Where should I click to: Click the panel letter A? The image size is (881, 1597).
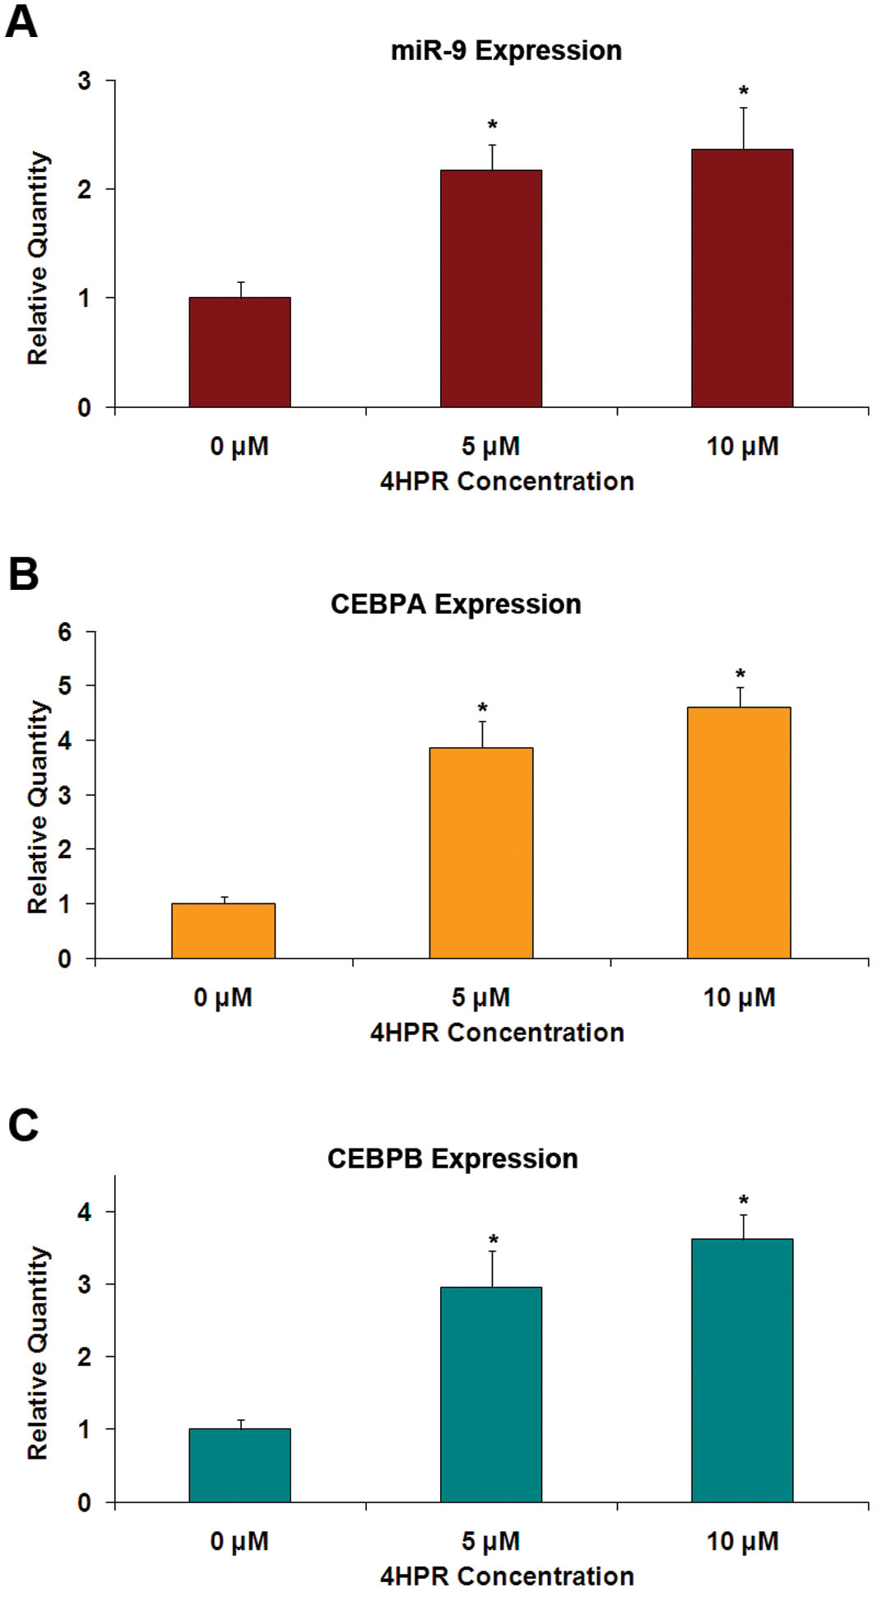tap(21, 21)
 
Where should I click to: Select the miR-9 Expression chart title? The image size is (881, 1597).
tap(506, 51)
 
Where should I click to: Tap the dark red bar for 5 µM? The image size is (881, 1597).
tap(491, 288)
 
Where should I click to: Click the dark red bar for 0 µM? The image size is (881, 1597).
tap(239, 352)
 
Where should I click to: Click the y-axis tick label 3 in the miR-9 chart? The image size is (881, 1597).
tap(84, 81)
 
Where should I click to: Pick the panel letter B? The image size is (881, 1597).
tap(23, 573)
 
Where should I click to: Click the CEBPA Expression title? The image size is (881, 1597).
tap(456, 604)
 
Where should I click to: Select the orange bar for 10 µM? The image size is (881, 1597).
tap(739, 833)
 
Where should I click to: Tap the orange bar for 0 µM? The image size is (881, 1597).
tap(223, 931)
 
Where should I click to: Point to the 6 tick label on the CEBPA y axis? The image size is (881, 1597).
tap(65, 632)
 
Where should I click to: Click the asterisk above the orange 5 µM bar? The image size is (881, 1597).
tap(483, 708)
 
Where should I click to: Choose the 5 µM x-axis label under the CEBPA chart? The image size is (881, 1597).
tap(480, 997)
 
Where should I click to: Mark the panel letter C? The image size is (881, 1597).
tap(23, 1125)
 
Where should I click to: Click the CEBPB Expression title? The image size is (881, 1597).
tap(452, 1158)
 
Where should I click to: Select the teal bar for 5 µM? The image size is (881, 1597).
tap(491, 1394)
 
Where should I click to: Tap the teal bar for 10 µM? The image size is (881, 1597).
tap(742, 1370)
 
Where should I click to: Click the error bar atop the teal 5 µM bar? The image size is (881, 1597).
tap(493, 1268)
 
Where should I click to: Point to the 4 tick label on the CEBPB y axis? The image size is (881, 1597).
tap(84, 1211)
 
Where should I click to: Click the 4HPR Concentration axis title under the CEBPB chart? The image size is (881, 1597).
tap(507, 1576)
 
